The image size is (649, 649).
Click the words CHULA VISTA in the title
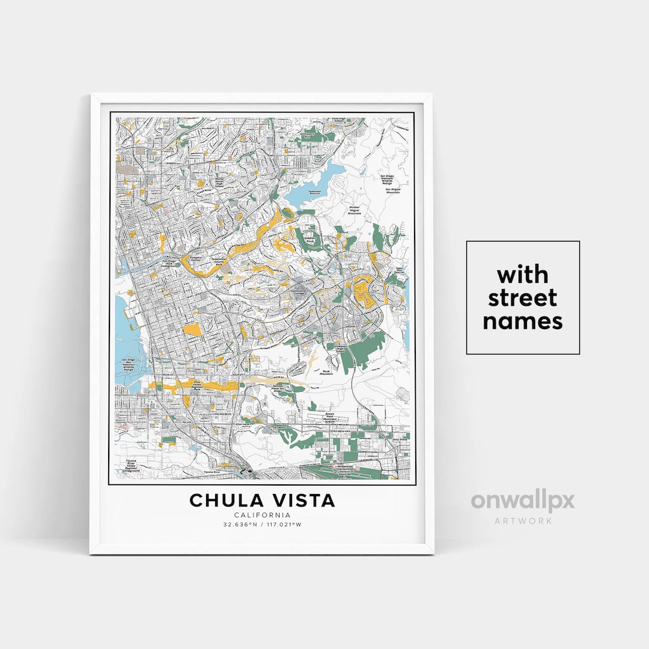point(263,500)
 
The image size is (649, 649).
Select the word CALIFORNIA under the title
point(263,515)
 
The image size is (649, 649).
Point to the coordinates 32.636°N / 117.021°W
point(263,525)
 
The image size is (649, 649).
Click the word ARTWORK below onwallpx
point(523,520)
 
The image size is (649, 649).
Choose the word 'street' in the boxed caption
point(523,298)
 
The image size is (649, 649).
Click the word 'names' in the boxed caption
point(523,321)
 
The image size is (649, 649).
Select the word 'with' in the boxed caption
point(523,275)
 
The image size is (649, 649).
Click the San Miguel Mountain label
point(392,189)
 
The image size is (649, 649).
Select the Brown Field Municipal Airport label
point(330,418)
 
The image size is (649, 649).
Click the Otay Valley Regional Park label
point(196,385)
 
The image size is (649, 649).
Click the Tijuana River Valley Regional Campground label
point(131,465)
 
